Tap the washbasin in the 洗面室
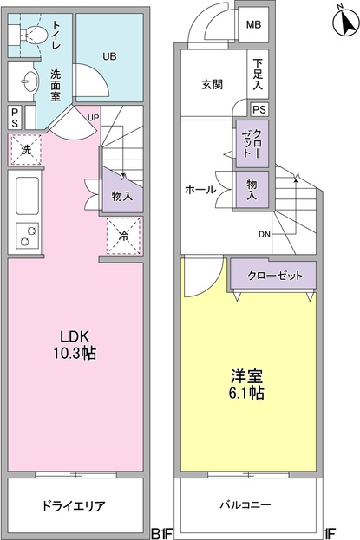[27, 84]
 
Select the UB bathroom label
[109, 56]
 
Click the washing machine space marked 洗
[26, 149]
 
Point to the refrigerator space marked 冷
[123, 235]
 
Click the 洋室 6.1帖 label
[246, 385]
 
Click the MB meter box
[253, 25]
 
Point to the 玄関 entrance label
[213, 84]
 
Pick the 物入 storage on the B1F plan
[122, 197]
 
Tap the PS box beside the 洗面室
[16, 117]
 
